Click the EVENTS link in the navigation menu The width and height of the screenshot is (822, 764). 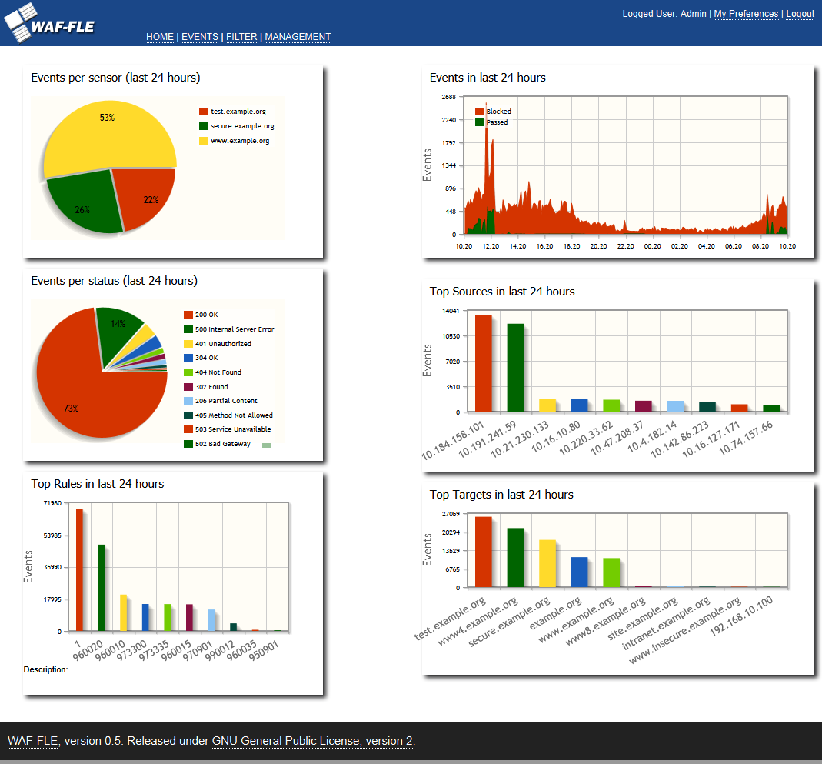click(200, 37)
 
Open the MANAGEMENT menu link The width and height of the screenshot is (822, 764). click(298, 37)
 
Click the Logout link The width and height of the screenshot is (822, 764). click(800, 14)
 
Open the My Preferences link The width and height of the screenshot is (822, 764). click(746, 14)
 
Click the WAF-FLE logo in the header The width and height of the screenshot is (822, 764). click(50, 23)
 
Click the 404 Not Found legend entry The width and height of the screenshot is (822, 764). click(218, 372)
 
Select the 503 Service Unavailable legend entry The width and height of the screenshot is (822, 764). click(232, 429)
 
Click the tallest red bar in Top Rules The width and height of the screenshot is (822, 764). click(79, 569)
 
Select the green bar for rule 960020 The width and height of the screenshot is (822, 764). click(101, 588)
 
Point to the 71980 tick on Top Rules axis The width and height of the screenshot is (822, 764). click(52, 503)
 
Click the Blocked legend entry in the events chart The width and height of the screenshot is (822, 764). click(498, 112)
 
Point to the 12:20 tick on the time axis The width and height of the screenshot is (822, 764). click(491, 246)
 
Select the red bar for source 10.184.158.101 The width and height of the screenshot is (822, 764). click(483, 362)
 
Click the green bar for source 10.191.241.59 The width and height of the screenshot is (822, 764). click(515, 367)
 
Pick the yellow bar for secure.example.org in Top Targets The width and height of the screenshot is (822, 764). click(547, 564)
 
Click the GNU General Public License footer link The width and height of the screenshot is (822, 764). click(312, 742)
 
